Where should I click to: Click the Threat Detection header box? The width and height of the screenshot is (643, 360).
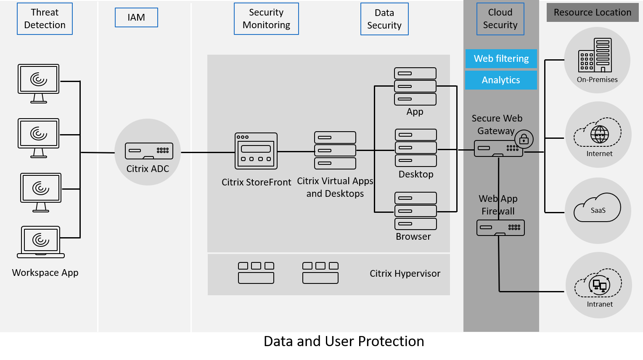45,19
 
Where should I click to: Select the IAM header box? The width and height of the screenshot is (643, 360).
136,18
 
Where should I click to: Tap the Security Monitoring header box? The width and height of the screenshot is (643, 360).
266,19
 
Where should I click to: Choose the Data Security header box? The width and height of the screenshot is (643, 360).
384,19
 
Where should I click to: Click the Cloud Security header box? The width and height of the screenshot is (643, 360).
500,19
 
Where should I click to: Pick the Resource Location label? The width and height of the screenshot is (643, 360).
592,13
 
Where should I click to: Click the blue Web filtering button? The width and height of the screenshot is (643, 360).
501,59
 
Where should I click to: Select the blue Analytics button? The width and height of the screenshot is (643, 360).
501,80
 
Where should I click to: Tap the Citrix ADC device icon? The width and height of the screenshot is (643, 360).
149,151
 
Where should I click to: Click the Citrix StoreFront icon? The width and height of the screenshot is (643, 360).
256,151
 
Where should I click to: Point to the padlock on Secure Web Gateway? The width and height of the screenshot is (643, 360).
524,139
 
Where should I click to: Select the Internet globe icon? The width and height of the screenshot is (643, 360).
599,134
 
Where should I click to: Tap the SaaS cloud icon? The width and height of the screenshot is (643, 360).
598,208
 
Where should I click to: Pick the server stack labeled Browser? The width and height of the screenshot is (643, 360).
415,211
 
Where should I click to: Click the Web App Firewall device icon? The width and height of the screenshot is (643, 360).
500,228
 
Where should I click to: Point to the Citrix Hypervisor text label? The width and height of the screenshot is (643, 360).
405,274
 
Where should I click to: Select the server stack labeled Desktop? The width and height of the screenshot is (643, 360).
416,148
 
